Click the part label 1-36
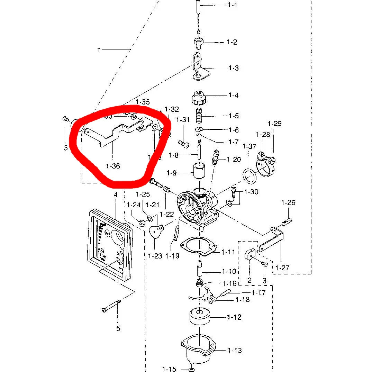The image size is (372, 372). click(x=113, y=166)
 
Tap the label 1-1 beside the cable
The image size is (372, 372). click(x=233, y=5)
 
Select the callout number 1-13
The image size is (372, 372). click(x=235, y=351)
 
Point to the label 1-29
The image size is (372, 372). click(x=275, y=124)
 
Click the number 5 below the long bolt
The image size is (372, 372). click(x=118, y=328)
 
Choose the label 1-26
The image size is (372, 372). click(x=288, y=202)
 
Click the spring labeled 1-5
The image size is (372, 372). click(x=199, y=116)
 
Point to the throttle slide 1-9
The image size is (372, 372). click(x=199, y=170)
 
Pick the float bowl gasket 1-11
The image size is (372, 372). click(x=199, y=246)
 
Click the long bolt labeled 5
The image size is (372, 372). click(x=111, y=306)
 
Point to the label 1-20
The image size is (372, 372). click(x=234, y=160)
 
